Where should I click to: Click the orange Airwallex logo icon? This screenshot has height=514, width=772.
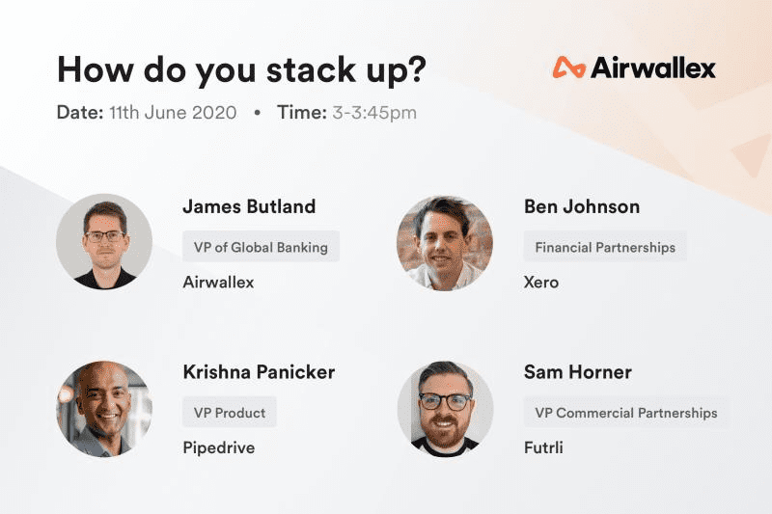[569, 68]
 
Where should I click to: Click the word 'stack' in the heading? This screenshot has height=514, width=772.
[311, 69]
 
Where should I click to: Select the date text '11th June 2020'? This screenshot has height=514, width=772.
[173, 113]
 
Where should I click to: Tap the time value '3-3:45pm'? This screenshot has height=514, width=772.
[374, 113]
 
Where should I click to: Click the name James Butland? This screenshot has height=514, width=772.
[249, 206]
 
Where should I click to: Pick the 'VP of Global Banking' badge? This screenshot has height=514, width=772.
[261, 247]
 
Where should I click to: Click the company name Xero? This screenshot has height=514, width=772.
[541, 283]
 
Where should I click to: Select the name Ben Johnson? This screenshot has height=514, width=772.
[582, 206]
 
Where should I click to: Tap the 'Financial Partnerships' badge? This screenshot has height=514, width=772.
[605, 247]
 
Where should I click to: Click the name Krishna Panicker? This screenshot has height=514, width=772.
[259, 372]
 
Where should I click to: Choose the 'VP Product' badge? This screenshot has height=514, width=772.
[230, 412]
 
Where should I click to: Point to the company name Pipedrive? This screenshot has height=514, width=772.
[219, 448]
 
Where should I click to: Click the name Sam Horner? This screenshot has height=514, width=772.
[578, 372]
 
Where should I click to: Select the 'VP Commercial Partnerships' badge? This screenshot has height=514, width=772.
[626, 412]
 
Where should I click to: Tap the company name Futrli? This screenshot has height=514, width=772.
[543, 447]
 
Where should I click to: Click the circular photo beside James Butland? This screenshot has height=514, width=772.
[104, 241]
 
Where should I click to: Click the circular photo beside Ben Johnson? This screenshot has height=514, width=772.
[445, 243]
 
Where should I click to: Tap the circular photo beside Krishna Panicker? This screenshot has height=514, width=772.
[104, 409]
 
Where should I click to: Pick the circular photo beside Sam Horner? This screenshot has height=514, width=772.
[445, 409]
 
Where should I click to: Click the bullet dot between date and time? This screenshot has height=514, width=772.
[257, 113]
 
